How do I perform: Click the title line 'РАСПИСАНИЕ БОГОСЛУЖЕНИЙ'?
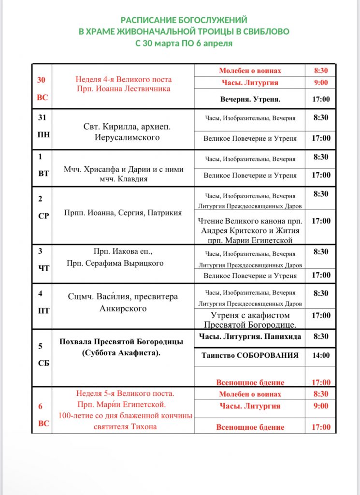pyautogui.click(x=184, y=20)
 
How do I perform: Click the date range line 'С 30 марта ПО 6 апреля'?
pyautogui.click(x=184, y=43)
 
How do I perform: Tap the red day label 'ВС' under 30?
pyautogui.click(x=43, y=97)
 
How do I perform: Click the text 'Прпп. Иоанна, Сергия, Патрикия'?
pyautogui.click(x=123, y=213)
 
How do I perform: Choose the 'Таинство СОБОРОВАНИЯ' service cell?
pyautogui.click(x=250, y=355)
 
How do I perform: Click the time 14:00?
pyautogui.click(x=321, y=355)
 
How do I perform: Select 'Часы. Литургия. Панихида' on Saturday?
pyautogui.click(x=250, y=336)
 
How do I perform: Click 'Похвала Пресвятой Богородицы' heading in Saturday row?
pyautogui.click(x=121, y=342)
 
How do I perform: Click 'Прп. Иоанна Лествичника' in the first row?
pyautogui.click(x=123, y=88)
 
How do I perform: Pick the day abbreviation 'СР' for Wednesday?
pyautogui.click(x=43, y=216)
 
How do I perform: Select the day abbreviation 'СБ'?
pyautogui.click(x=43, y=363)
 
